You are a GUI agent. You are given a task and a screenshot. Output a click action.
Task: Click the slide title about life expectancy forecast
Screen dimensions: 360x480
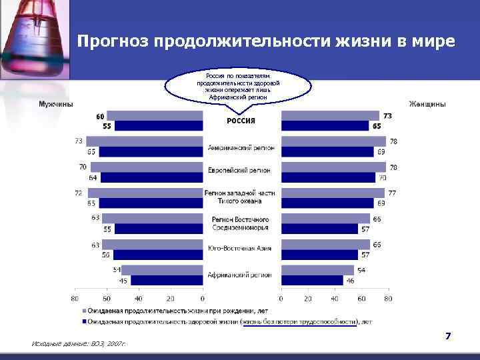point(265,41)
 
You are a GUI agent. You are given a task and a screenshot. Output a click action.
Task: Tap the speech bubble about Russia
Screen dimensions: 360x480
point(238,85)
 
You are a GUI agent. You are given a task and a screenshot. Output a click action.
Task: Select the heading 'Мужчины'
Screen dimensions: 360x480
point(56,104)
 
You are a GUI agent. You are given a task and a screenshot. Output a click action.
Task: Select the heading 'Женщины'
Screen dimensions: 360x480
point(427,104)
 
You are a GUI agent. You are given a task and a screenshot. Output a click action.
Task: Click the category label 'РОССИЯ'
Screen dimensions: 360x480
point(241,121)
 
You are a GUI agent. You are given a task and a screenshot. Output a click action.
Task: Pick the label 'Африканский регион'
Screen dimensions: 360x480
point(240,274)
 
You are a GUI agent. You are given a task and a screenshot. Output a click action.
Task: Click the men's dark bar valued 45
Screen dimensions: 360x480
point(167,280)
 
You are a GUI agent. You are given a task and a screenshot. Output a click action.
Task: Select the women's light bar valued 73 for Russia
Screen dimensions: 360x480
point(330,115)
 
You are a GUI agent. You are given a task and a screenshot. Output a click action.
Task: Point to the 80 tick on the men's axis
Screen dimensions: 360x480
point(75,299)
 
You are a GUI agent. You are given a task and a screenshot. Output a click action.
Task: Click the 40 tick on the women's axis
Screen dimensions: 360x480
point(335,299)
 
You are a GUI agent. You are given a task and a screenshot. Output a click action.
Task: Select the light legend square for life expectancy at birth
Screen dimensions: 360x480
point(83,311)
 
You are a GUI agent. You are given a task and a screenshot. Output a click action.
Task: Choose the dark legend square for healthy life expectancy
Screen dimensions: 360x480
point(83,321)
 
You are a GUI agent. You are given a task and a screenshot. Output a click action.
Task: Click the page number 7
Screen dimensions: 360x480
point(448,337)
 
